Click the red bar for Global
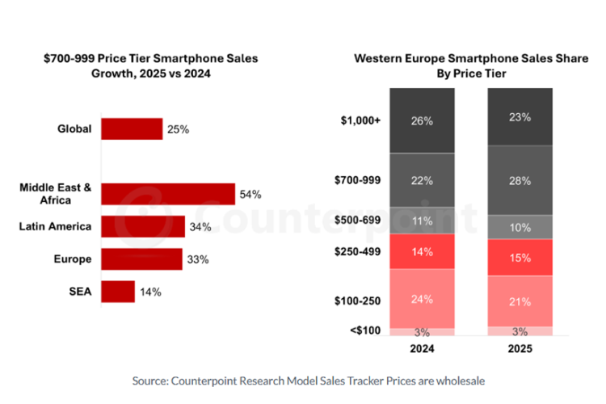pos(132,128)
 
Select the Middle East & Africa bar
pos(168,194)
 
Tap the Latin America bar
pos(143,226)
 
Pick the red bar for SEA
pos(118,292)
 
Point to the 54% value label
pos(250,195)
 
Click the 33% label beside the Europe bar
pos(198,259)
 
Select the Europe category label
pos(73,259)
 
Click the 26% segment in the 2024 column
pos(422,120)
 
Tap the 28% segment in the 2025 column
pos(520,180)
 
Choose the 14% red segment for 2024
pos(422,251)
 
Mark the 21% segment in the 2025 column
pos(520,301)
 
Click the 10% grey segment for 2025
pos(520,227)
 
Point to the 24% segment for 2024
pos(422,299)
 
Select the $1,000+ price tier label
pos(360,120)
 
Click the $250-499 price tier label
pos(357,251)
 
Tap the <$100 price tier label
pos(365,330)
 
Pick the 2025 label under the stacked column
pos(520,349)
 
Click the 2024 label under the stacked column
pos(422,349)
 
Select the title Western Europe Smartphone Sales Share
pos(471,58)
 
